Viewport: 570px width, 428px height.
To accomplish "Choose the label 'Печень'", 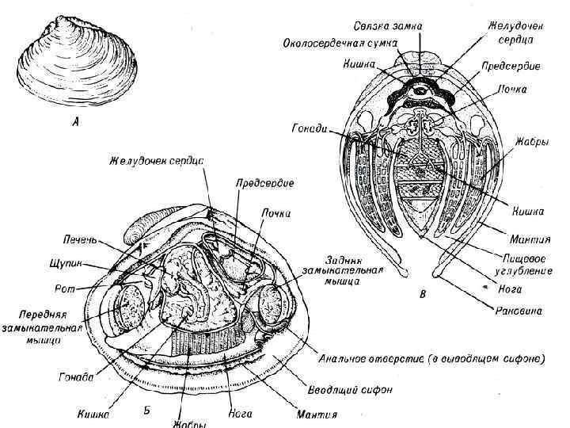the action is click(79, 239).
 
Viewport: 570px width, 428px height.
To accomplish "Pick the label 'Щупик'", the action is click(72, 262).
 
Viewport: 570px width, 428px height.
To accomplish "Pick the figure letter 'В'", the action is click(423, 296).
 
